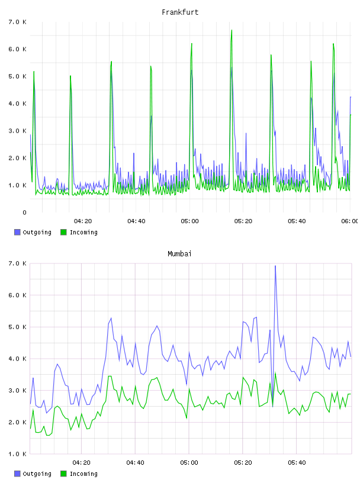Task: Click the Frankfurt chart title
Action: [180, 12]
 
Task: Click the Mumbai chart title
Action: [179, 254]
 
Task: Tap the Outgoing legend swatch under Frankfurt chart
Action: [17, 232]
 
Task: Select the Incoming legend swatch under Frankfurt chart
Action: [63, 232]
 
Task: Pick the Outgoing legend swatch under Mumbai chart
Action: [17, 474]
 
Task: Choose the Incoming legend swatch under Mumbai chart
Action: [63, 474]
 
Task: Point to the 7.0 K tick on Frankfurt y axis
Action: [18, 22]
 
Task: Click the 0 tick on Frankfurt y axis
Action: [24, 212]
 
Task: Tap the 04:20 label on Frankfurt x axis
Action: [83, 221]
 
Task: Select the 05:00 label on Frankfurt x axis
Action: [189, 221]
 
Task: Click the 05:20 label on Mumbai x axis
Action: [243, 463]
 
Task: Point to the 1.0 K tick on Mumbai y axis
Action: [18, 454]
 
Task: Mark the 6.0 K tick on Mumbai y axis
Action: [18, 295]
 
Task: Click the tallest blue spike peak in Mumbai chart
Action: [275, 266]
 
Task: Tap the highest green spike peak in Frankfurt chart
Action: [232, 30]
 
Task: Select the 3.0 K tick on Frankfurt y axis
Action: [18, 131]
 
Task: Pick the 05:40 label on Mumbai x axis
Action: [297, 463]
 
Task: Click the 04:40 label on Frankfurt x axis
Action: [136, 221]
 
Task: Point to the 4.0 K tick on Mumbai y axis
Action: [18, 359]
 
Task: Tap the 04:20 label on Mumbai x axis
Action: [81, 463]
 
